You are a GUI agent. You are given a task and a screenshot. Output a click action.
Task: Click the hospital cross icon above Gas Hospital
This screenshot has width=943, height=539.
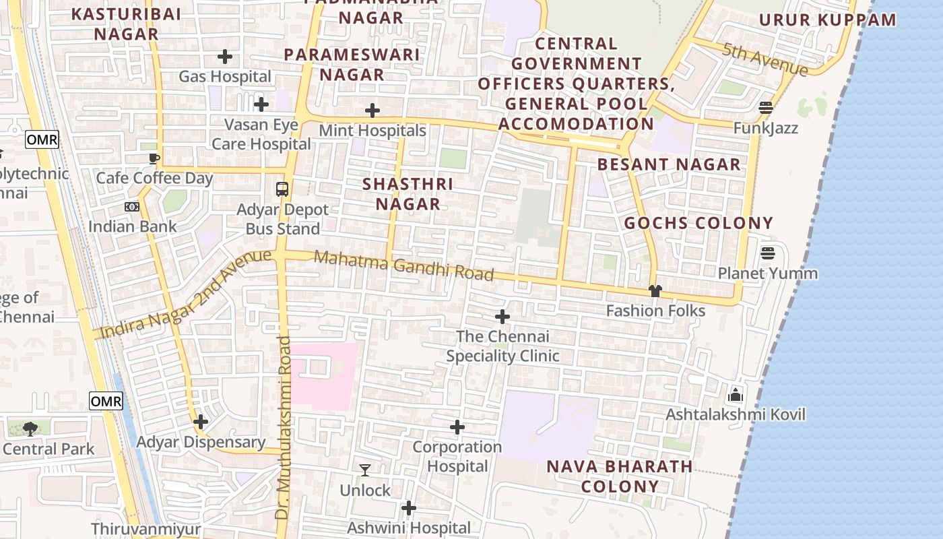pyautogui.click(x=225, y=57)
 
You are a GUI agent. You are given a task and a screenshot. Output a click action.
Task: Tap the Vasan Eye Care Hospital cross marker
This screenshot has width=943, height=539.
pyautogui.click(x=261, y=104)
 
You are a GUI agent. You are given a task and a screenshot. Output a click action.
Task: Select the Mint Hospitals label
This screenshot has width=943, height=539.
pyautogui.click(x=372, y=130)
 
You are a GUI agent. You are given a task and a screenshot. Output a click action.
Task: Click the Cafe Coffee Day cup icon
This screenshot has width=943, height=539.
pyautogui.click(x=154, y=158)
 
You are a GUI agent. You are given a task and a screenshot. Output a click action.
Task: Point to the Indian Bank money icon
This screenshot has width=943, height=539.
pyautogui.click(x=132, y=207)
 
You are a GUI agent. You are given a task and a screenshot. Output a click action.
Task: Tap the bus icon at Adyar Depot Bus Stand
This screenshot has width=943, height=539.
pyautogui.click(x=282, y=189)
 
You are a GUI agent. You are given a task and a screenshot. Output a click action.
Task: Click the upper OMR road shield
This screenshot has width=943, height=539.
pyautogui.click(x=42, y=140)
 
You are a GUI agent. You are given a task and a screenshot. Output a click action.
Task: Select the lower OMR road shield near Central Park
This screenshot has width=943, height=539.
pyautogui.click(x=106, y=402)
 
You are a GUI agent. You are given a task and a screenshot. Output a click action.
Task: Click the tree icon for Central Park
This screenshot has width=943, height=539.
pyautogui.click(x=30, y=429)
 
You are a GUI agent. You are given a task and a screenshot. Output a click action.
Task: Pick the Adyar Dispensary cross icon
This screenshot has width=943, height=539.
pyautogui.click(x=201, y=422)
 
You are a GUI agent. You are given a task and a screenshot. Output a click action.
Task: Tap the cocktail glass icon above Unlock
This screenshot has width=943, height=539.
pyautogui.click(x=365, y=470)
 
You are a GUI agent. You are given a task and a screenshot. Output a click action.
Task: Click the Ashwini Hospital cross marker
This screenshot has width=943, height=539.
pyautogui.click(x=409, y=508)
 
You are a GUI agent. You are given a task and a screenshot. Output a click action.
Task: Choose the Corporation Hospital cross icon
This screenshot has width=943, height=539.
pyautogui.click(x=457, y=427)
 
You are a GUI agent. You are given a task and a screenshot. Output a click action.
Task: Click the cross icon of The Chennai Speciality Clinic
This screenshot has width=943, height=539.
pyautogui.click(x=502, y=317)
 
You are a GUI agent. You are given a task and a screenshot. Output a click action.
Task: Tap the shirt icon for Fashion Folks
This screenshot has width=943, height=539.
pyautogui.click(x=655, y=291)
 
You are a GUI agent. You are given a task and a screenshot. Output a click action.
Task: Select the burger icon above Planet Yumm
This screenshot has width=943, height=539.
pyautogui.click(x=768, y=253)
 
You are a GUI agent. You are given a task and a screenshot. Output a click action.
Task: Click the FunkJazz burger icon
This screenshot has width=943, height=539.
pyautogui.click(x=766, y=108)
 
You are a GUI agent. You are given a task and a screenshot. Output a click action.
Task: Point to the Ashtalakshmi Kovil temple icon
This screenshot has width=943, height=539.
pyautogui.click(x=736, y=394)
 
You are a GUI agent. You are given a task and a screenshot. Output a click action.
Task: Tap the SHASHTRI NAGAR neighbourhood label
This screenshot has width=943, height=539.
pyautogui.click(x=408, y=194)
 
